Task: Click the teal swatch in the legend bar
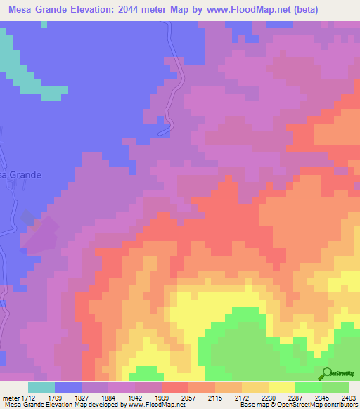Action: (41, 387)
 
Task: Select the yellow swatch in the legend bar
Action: (282, 387)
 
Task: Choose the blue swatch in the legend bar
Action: (68, 387)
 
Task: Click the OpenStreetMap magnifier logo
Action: (326, 372)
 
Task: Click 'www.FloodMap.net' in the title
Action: (237, 10)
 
